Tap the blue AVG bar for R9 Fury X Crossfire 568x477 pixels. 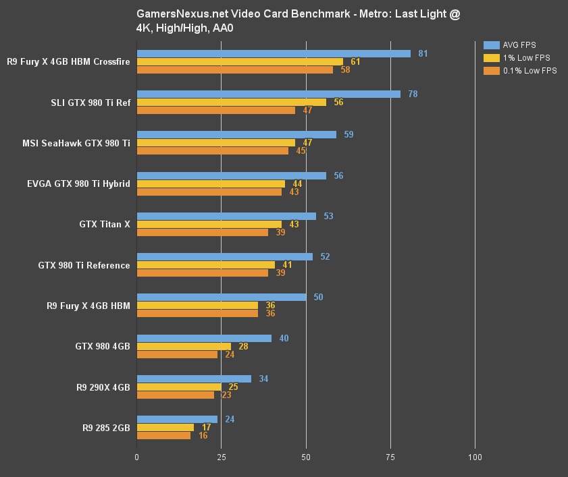[274, 53]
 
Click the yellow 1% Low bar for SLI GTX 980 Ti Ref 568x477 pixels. [232, 102]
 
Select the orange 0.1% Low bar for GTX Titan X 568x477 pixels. [203, 232]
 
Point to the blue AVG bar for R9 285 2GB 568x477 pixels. [177, 419]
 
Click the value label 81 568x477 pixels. [423, 53]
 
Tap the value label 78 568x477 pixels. [413, 94]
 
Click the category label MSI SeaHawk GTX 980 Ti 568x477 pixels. [76, 143]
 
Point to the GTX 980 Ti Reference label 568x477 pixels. [84, 265]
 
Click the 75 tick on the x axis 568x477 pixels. [390, 457]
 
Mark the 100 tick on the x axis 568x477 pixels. [475, 457]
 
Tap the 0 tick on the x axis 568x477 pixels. [137, 457]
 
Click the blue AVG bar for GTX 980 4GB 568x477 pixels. [204, 338]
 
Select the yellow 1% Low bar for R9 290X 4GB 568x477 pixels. [179, 387]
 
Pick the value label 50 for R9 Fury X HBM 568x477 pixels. [318, 297]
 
